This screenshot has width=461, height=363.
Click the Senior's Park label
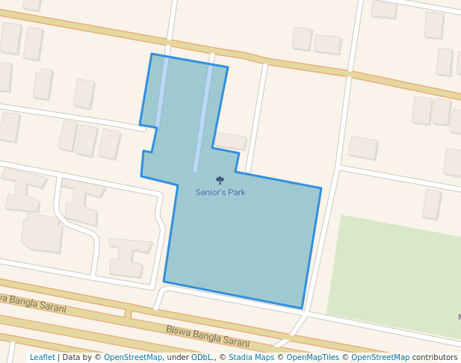pos(220,193)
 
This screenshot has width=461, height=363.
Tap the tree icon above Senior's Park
pos(220,180)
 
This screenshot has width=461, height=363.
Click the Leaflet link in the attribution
pos(42,357)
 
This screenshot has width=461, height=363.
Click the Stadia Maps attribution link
pos(251,357)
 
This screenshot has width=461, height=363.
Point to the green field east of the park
pos(396,276)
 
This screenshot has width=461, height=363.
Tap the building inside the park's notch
pos(230,140)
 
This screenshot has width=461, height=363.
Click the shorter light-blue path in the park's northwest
pos(161,90)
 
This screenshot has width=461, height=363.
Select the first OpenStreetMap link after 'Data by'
pos(133,357)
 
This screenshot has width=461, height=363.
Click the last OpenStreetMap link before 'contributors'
pos(380,357)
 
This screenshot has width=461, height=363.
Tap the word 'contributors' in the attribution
pos(435,357)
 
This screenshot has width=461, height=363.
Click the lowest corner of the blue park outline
pos(302,308)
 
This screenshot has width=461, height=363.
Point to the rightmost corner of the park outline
pos(321,188)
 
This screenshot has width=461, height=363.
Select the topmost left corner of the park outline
pos(152,54)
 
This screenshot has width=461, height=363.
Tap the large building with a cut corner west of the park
pos(42,233)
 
